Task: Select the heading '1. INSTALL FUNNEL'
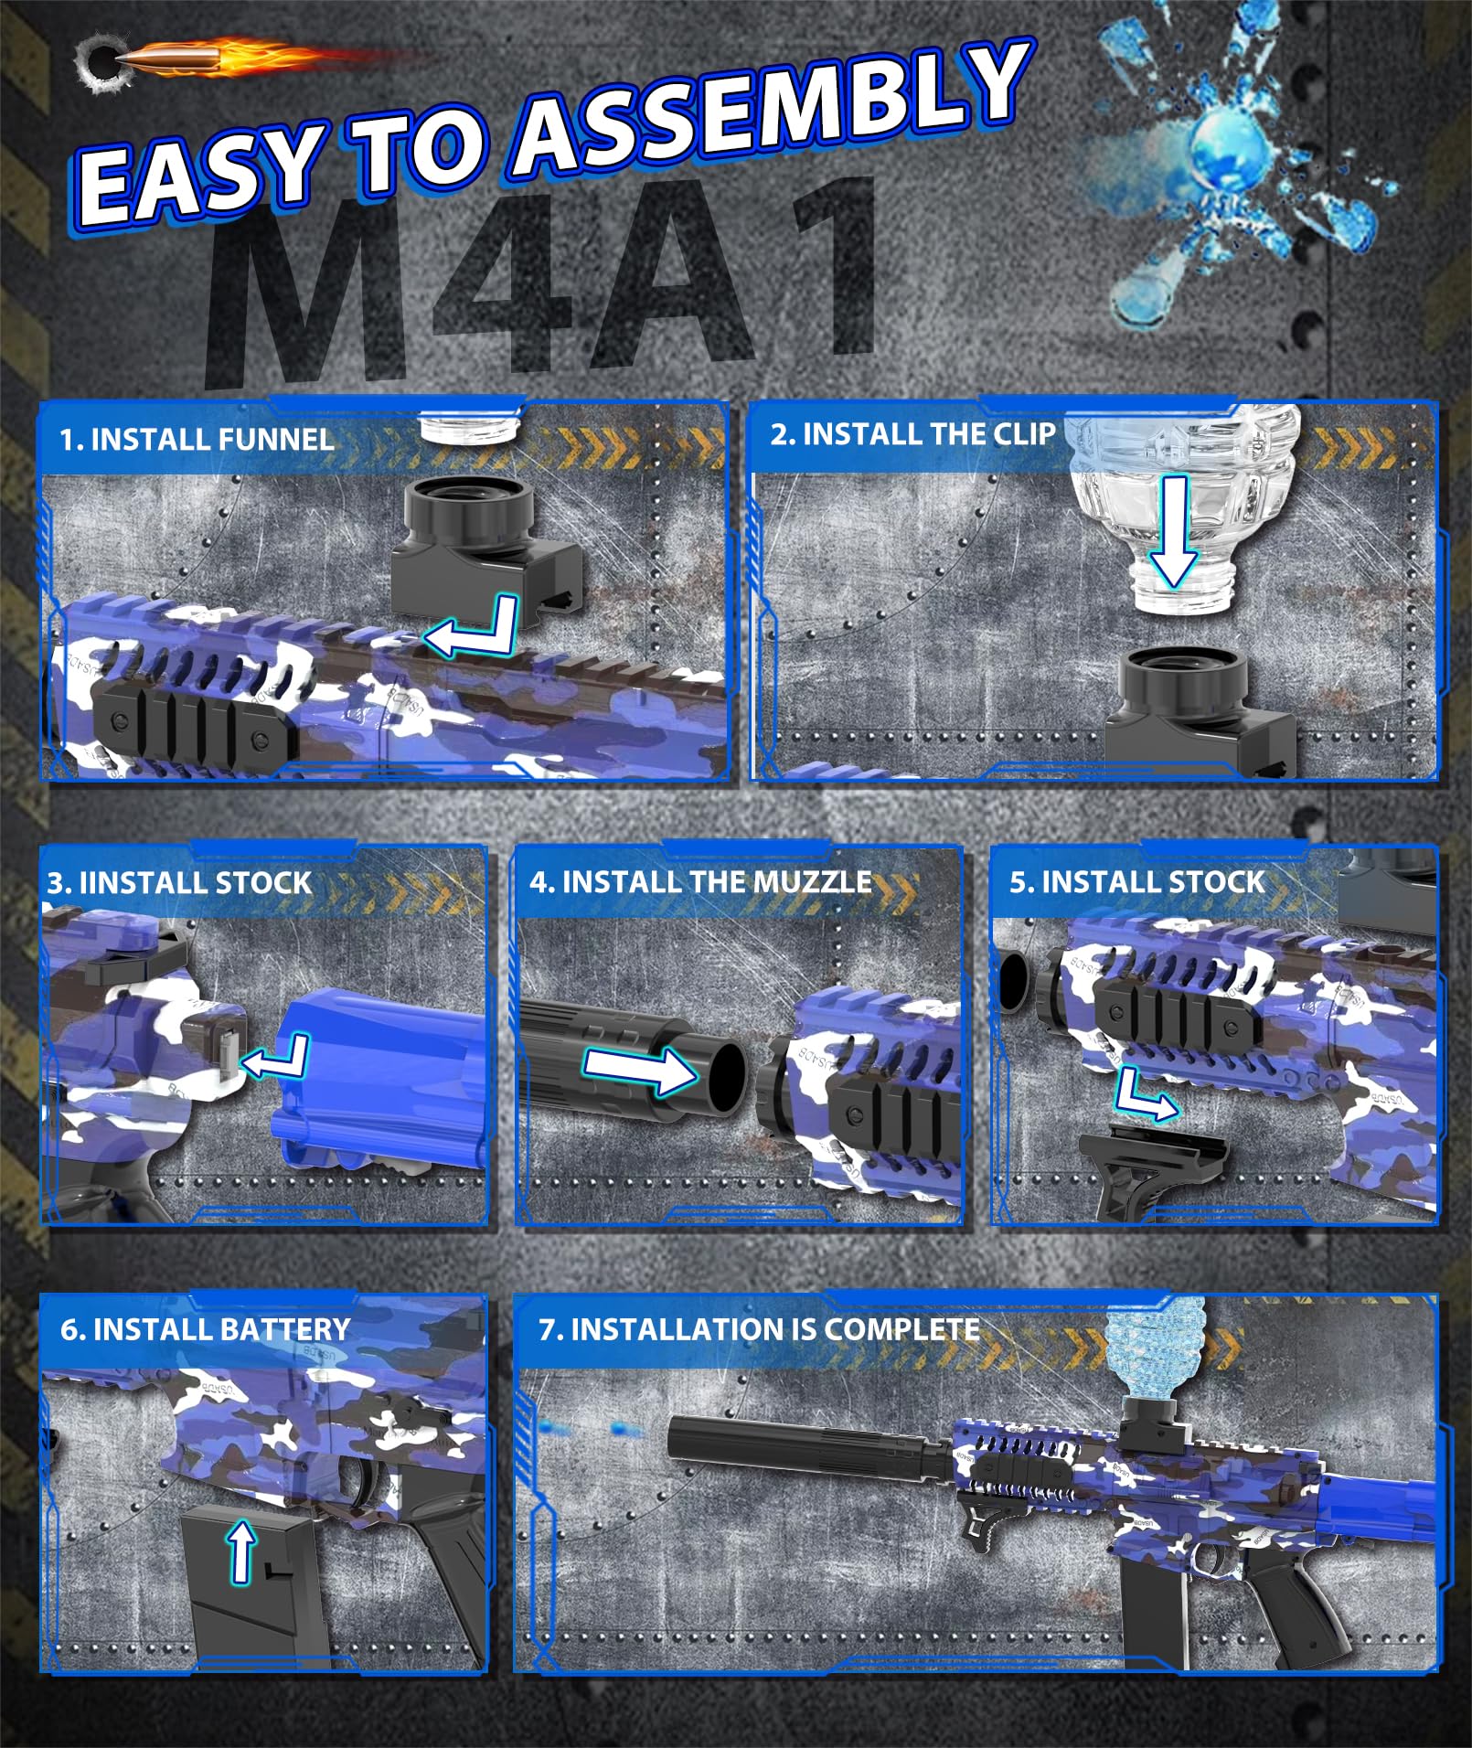[196, 440]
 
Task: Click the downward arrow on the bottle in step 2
[1174, 531]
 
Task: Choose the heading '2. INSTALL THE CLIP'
[912, 433]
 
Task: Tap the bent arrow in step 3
[275, 1058]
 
